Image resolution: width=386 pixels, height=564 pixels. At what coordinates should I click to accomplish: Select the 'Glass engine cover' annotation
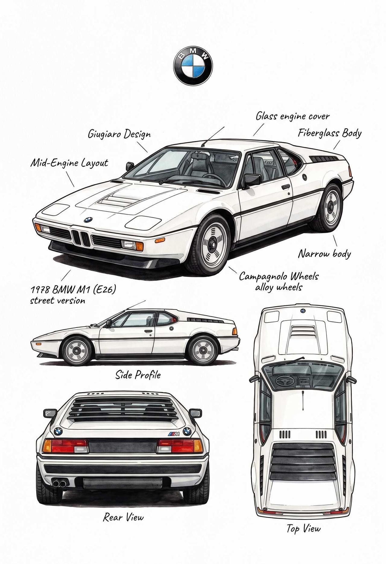(x=293, y=116)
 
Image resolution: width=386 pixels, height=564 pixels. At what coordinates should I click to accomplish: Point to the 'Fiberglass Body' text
(x=330, y=133)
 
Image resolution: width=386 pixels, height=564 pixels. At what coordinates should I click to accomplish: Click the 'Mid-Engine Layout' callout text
(x=69, y=163)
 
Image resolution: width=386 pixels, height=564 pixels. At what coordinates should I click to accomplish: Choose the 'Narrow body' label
(x=324, y=254)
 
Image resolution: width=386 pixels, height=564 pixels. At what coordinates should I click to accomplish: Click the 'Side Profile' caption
(x=138, y=375)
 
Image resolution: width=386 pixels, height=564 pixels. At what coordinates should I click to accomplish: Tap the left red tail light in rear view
(x=65, y=446)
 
